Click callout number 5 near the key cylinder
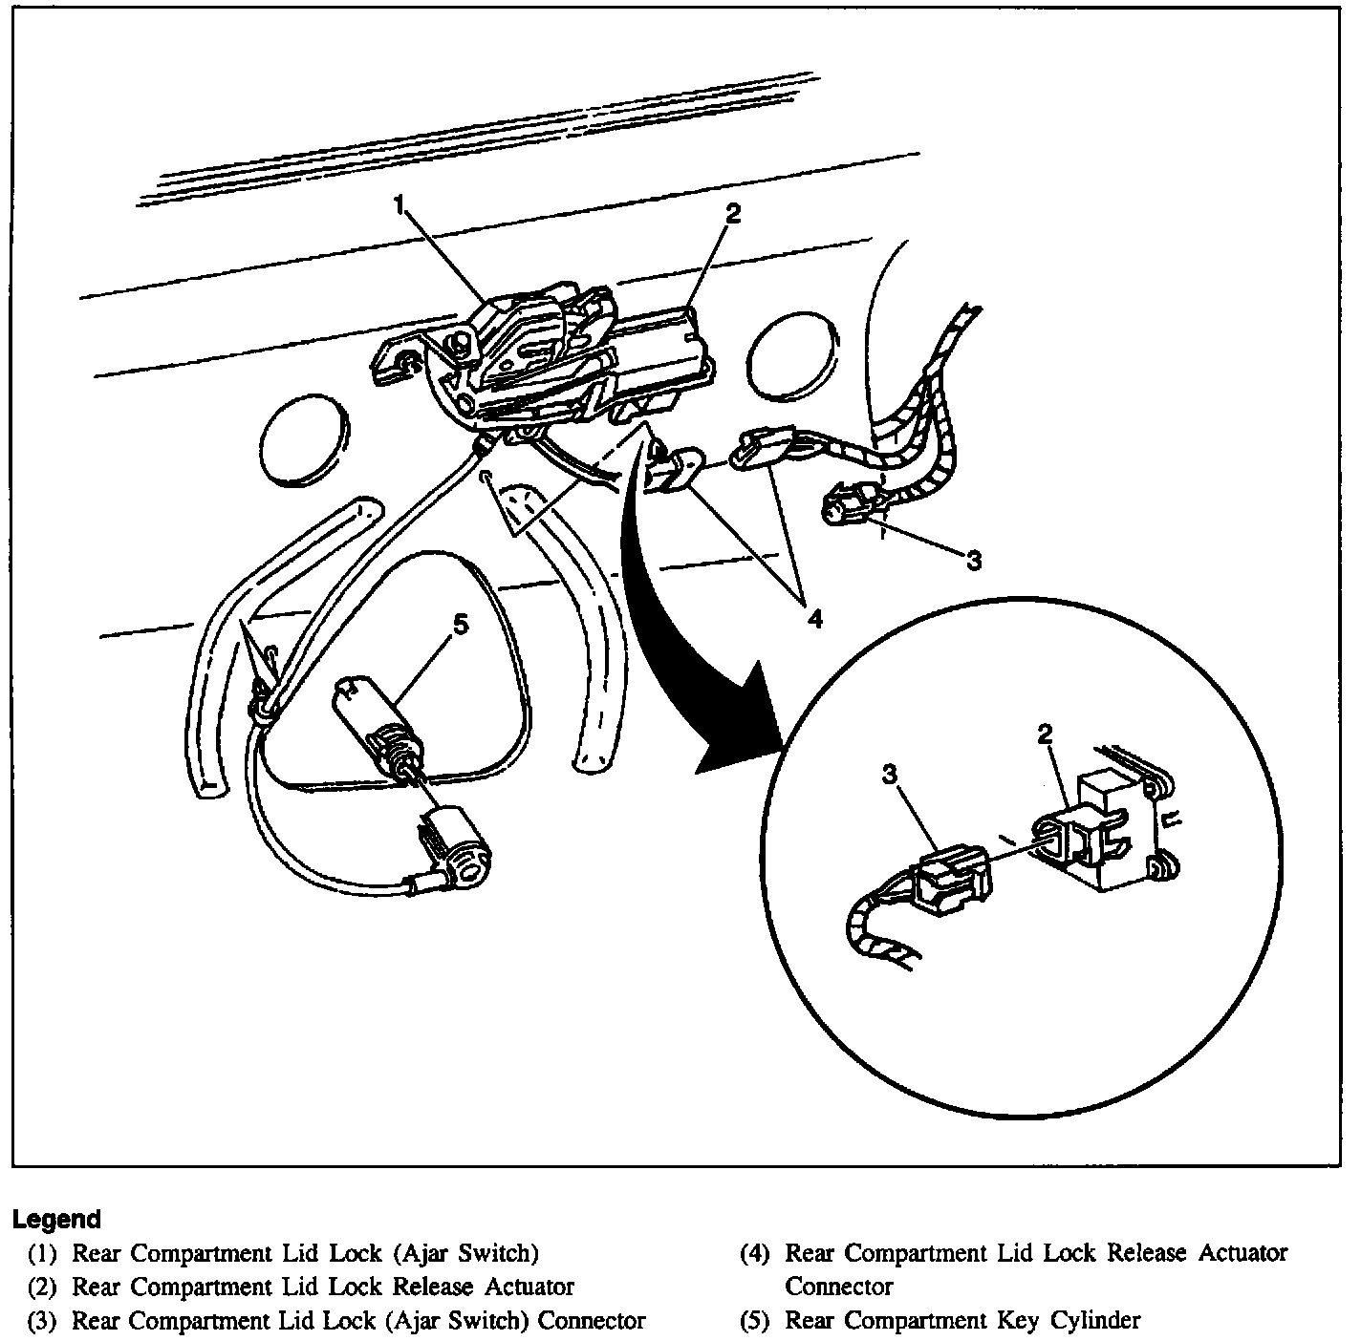[x=462, y=626]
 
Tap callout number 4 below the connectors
[x=813, y=620]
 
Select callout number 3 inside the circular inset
[x=891, y=775]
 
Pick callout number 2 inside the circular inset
[x=1045, y=734]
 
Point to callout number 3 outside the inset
[x=974, y=561]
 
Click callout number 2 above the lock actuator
[x=732, y=212]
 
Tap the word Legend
[x=56, y=1219]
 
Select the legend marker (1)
[x=43, y=1252]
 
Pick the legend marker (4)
[x=755, y=1252]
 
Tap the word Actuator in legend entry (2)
[x=517, y=1287]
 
